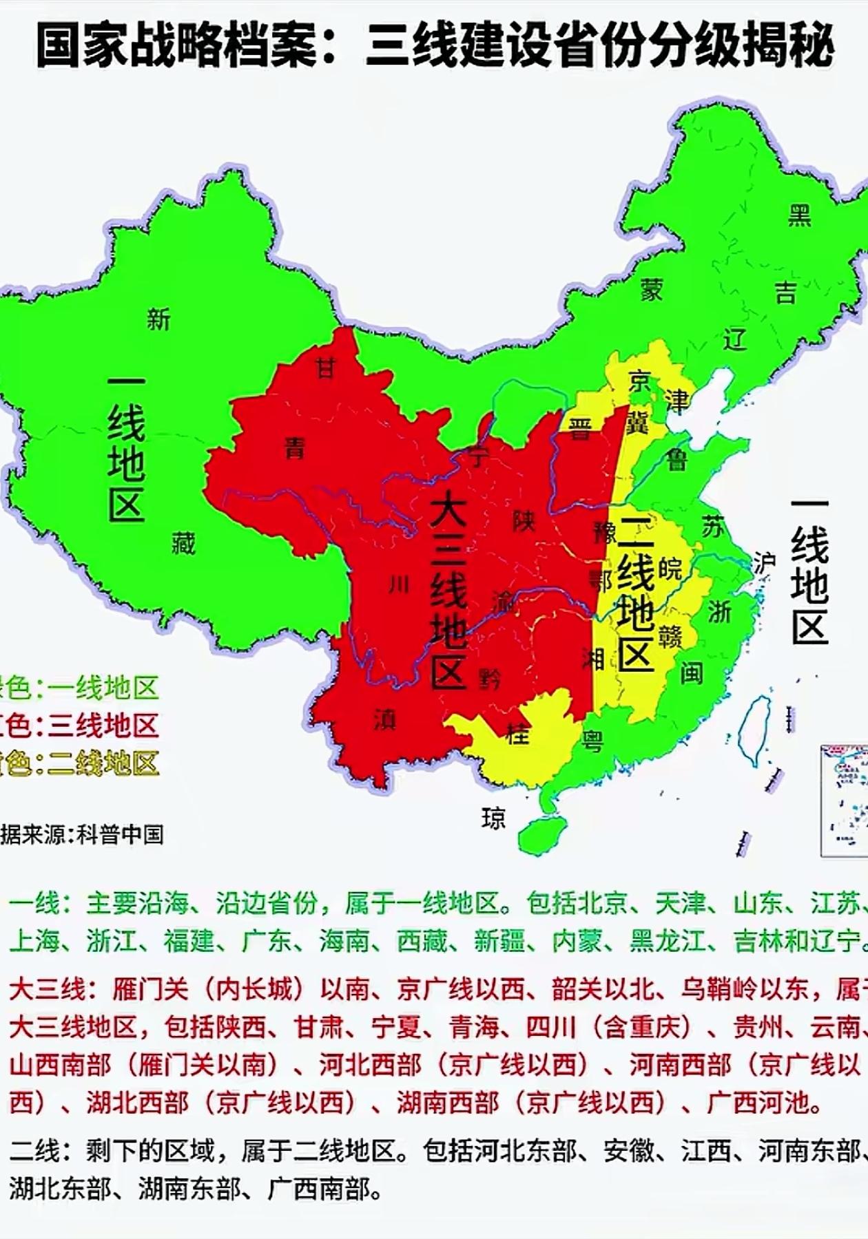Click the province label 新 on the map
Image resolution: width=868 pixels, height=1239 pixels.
(x=158, y=319)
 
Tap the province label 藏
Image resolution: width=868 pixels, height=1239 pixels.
(x=183, y=544)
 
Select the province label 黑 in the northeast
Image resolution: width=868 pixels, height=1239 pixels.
(x=800, y=215)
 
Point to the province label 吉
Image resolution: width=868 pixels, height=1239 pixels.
(x=786, y=293)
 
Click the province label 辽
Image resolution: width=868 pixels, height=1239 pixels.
(x=735, y=339)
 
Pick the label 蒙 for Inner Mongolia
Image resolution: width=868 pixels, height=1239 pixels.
(x=652, y=290)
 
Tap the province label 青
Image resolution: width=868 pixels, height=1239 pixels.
(x=295, y=449)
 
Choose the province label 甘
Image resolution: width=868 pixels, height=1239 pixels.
(x=324, y=368)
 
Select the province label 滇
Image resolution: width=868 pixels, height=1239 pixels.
(x=384, y=719)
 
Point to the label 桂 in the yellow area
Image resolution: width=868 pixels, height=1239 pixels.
(x=517, y=734)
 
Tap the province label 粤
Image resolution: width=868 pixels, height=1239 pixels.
(x=592, y=741)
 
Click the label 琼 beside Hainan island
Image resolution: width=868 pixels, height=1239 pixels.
(x=493, y=818)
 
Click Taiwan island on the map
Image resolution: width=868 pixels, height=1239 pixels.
(x=754, y=730)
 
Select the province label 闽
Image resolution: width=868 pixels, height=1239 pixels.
(x=692, y=673)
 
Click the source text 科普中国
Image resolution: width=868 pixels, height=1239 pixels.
(x=120, y=835)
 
